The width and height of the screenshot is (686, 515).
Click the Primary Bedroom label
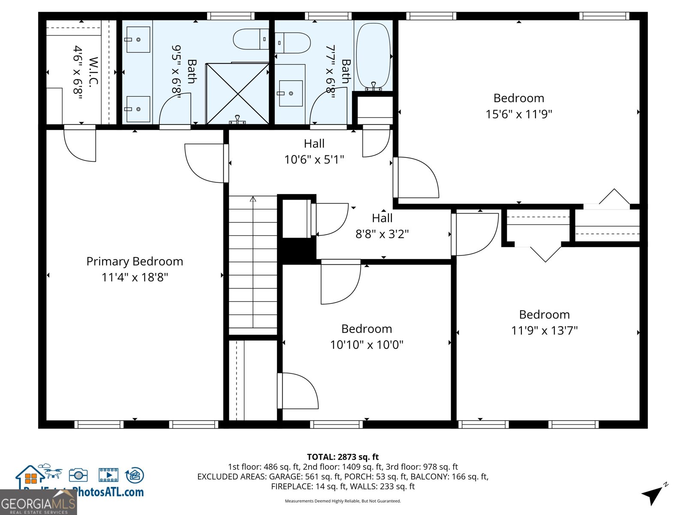point(135,261)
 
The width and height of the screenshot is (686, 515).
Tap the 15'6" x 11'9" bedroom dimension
point(519,114)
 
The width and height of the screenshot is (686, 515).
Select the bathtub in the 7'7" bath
point(373,56)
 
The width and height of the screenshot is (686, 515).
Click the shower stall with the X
point(238,94)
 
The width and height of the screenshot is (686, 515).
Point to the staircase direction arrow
point(253,199)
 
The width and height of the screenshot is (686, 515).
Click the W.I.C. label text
point(93,72)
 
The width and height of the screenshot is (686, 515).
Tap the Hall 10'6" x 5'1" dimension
point(314,160)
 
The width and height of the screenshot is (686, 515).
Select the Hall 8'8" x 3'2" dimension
point(382,234)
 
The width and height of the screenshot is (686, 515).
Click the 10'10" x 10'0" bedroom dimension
point(367,345)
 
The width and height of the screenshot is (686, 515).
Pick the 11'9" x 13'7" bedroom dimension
point(544,330)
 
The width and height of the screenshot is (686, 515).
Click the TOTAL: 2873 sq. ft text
point(343,457)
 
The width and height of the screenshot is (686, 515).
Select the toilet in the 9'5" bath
point(251,39)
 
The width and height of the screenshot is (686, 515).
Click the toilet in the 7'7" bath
point(293,43)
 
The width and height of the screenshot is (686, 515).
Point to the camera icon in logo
point(78,475)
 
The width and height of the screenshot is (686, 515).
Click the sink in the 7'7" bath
point(291,93)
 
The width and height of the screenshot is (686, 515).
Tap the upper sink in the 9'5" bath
point(138,39)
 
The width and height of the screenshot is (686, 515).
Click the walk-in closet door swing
point(80,145)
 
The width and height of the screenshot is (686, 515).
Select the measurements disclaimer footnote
point(343,501)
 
